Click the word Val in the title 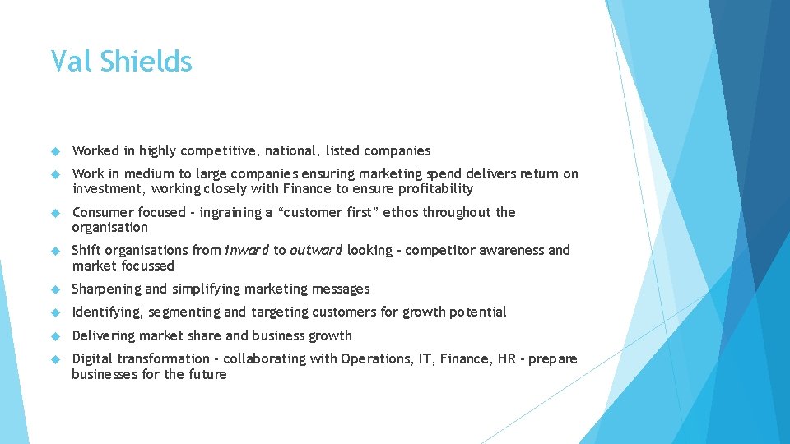pos(69,62)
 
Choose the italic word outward pos(317,250)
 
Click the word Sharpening pos(105,289)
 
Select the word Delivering pos(104,335)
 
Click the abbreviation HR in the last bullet pos(508,358)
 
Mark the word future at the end pos(207,374)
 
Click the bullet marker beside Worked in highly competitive pos(55,150)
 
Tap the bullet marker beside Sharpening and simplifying pos(55,289)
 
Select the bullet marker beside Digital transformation pos(55,358)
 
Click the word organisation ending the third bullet pos(110,228)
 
